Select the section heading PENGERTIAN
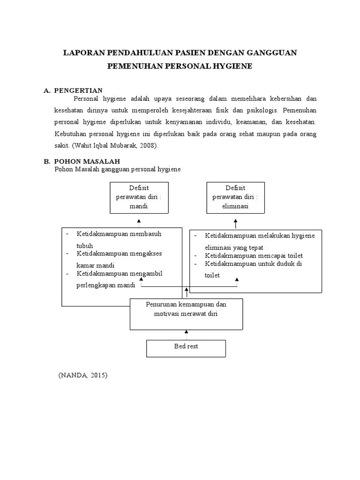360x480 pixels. (78, 90)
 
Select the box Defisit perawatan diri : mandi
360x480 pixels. (139, 197)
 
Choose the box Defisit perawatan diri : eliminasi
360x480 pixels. (235, 197)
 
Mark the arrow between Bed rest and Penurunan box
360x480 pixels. (187, 335)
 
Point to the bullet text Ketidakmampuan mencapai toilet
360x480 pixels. (254, 255)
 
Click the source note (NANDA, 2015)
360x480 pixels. (83, 375)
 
